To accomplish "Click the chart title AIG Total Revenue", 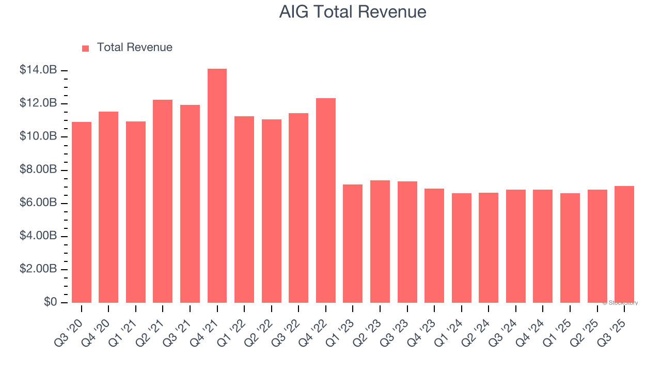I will click(x=353, y=12).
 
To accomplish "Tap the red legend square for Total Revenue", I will click(x=86, y=48).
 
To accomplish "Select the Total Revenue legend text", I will click(x=134, y=48).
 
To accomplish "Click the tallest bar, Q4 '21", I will click(x=217, y=186).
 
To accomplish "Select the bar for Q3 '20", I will click(x=82, y=212).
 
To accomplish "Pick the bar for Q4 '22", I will click(x=326, y=200).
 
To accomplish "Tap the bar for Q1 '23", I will click(x=353, y=243).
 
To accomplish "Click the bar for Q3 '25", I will click(x=624, y=244).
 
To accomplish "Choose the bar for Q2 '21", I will click(x=163, y=201).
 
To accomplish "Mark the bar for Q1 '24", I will click(x=461, y=248).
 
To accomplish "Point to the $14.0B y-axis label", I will click(x=38, y=70).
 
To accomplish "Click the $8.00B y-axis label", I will click(x=38, y=170).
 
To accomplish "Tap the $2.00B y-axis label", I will click(x=38, y=269).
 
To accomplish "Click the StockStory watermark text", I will click(x=620, y=303).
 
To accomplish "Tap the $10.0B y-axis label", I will click(x=38, y=136).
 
